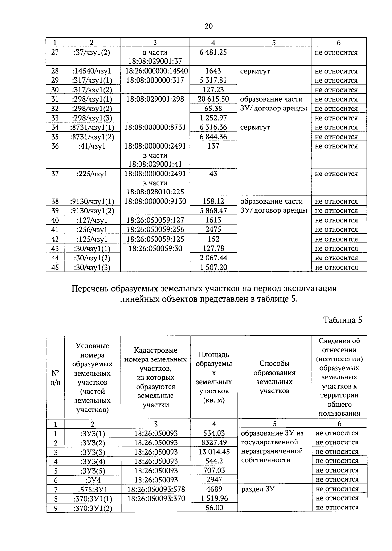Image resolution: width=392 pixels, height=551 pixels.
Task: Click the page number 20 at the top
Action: (x=208, y=26)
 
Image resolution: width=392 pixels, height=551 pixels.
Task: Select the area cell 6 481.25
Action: (x=213, y=52)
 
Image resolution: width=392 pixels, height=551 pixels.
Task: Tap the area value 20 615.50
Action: (x=213, y=99)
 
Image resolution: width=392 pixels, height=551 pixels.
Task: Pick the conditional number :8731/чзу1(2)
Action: (x=91, y=137)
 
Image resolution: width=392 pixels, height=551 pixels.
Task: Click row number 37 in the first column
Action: (x=55, y=174)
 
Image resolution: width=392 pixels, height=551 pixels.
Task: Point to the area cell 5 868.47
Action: (x=213, y=211)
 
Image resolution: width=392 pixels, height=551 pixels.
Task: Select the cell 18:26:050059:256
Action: (x=155, y=229)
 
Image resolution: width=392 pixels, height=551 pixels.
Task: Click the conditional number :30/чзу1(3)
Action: (x=92, y=267)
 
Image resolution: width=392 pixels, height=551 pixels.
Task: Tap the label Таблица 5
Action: (x=343, y=320)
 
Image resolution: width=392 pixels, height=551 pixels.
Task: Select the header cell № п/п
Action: (x=55, y=377)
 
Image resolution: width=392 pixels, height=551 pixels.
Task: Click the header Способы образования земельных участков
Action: (x=274, y=377)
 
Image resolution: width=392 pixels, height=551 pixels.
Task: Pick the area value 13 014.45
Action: (x=214, y=452)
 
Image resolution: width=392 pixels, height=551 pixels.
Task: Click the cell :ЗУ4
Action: (x=92, y=480)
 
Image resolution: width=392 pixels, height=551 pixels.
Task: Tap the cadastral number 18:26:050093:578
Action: (x=156, y=489)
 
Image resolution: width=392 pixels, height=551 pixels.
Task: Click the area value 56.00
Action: (x=214, y=508)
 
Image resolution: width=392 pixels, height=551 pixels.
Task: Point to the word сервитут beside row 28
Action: (x=255, y=71)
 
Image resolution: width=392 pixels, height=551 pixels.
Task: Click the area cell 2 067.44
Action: (x=213, y=258)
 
